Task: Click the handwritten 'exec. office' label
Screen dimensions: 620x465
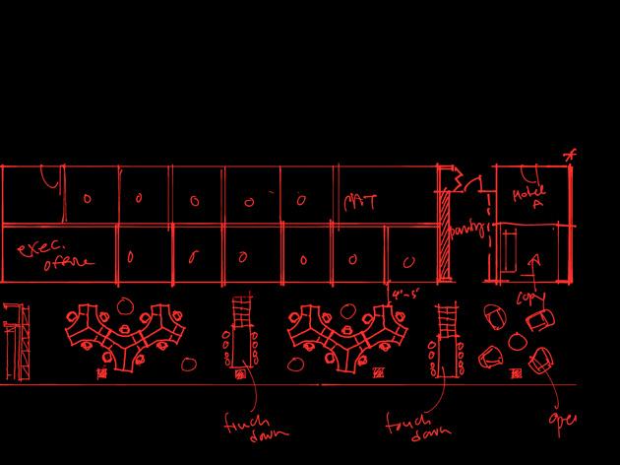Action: pyautogui.click(x=55, y=253)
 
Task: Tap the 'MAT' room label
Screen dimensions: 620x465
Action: pyautogui.click(x=360, y=201)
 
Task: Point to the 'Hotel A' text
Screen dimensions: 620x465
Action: pyautogui.click(x=529, y=197)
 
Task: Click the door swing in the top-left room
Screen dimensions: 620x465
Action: pyautogui.click(x=49, y=180)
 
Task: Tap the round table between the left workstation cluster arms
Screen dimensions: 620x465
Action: pyautogui.click(x=126, y=305)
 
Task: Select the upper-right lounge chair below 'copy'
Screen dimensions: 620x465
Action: pyautogui.click(x=541, y=320)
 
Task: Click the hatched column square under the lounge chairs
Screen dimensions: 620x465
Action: pyautogui.click(x=516, y=374)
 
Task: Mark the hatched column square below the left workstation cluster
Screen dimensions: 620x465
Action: pyautogui.click(x=102, y=374)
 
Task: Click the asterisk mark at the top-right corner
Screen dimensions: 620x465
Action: pyautogui.click(x=570, y=155)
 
